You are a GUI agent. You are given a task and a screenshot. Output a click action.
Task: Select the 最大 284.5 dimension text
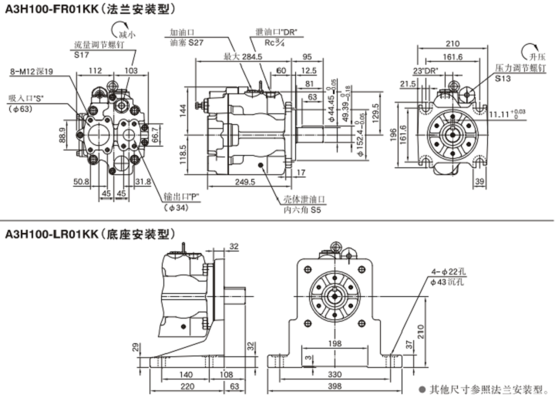242,57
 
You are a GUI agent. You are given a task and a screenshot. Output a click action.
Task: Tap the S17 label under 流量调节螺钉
81,56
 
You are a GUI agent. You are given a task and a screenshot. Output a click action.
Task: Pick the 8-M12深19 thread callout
32,71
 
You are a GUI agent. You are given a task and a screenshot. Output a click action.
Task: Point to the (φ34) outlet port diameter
176,207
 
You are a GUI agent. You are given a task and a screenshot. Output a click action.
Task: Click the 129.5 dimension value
375,110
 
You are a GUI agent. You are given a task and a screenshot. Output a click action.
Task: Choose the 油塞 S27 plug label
185,43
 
